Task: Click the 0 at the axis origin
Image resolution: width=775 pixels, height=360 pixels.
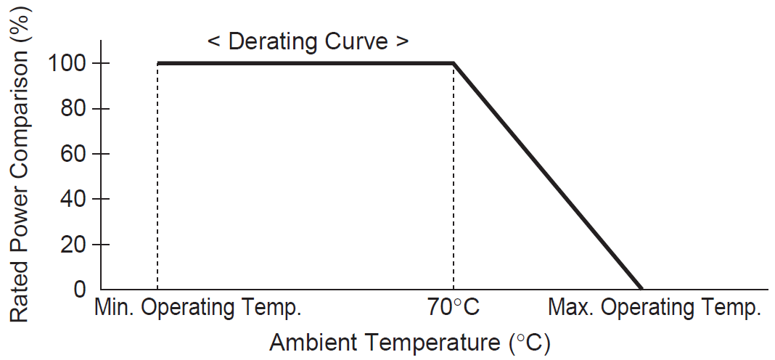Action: (80, 290)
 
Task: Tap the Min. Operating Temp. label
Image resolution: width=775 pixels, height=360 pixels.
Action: (197, 308)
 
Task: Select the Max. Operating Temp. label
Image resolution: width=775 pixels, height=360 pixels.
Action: (655, 308)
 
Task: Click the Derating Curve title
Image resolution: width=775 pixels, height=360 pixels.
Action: (308, 41)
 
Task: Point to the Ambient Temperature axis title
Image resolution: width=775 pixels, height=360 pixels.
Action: (409, 342)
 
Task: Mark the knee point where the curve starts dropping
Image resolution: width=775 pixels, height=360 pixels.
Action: (454, 63)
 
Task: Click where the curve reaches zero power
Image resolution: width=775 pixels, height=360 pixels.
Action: (641, 288)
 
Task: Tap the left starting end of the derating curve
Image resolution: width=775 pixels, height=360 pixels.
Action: (158, 63)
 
